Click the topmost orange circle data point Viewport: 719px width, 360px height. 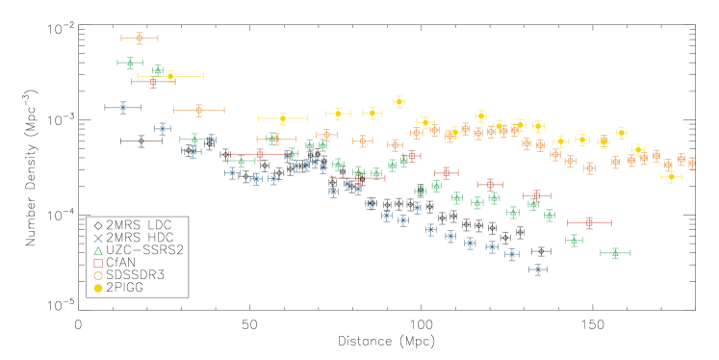pos(140,39)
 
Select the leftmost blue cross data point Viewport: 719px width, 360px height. pos(122,108)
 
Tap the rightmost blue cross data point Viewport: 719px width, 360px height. pos(538,270)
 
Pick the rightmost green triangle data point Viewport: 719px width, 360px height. pos(615,253)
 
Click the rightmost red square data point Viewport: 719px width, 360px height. pos(589,223)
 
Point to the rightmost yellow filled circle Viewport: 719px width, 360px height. pos(671,177)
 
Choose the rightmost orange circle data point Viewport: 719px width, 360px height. pos(691,164)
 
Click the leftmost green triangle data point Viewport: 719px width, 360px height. pos(130,64)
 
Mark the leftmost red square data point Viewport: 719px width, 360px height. pos(152,82)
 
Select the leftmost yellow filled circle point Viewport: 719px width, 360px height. pos(170,76)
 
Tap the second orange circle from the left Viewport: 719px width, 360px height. pos(198,111)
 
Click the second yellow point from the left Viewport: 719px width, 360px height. pos(282,119)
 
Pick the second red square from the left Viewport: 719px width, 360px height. pos(259,154)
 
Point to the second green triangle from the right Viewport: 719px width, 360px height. pos(574,241)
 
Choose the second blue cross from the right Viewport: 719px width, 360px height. pos(511,254)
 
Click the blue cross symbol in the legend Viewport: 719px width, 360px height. pos(98,238)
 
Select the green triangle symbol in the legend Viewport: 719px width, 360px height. pos(98,250)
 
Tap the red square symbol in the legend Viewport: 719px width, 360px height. pos(98,263)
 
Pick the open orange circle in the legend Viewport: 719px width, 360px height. pos(98,275)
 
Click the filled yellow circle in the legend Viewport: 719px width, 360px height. pos(98,288)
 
